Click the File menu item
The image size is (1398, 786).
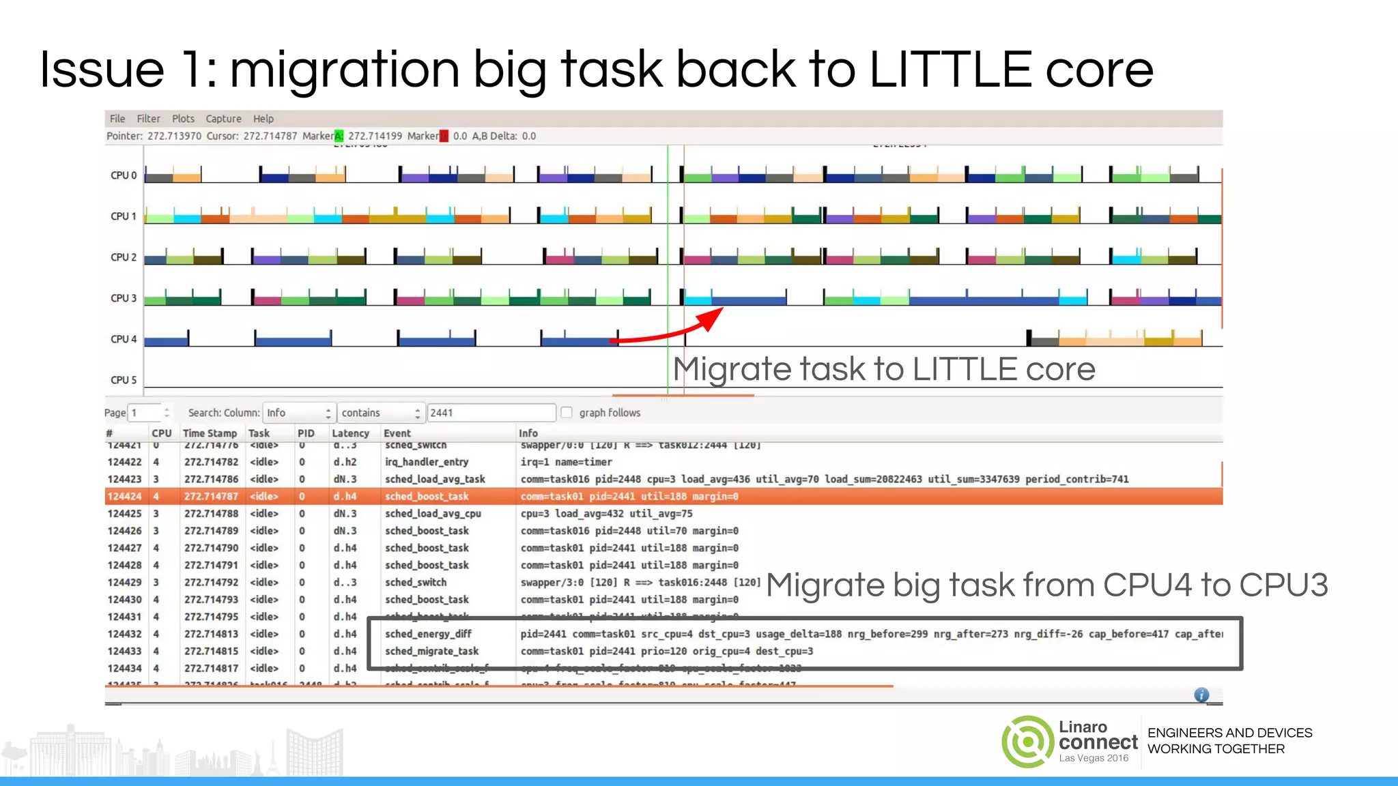[x=117, y=119]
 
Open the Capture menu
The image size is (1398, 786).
[x=223, y=119]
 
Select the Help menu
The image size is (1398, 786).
[x=263, y=119]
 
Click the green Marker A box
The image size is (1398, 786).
[x=339, y=136]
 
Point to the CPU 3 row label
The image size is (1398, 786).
[x=124, y=298]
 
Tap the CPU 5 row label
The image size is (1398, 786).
[x=124, y=380]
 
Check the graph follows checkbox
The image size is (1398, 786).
[x=567, y=412]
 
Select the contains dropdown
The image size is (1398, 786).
[x=380, y=413]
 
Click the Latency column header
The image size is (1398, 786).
[x=350, y=433]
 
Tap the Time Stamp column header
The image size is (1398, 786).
[x=210, y=433]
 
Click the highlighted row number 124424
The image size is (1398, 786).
[x=125, y=497]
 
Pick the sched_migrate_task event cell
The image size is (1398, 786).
[x=431, y=652]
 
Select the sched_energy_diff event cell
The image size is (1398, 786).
[x=428, y=635]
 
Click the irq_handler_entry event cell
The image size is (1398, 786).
[x=427, y=462]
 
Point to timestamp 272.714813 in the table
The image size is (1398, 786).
[x=212, y=635]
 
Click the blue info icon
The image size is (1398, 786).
[x=1201, y=695]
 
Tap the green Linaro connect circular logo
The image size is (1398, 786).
[x=1027, y=742]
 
